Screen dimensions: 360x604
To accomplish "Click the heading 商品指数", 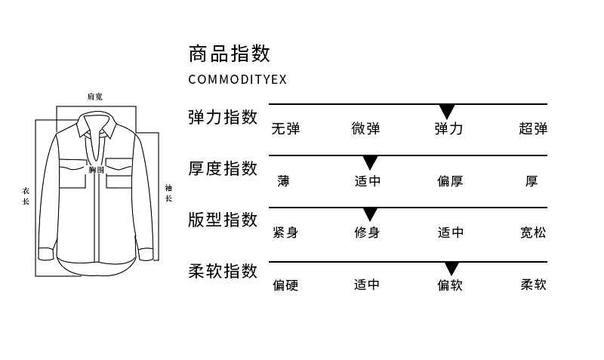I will pyautogui.click(x=229, y=54).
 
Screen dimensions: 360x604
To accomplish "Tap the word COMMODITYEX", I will pyautogui.click(x=237, y=79).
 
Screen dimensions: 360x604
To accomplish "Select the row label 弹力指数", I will pyautogui.click(x=223, y=117).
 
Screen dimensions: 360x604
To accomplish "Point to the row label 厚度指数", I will pyautogui.click(x=223, y=168).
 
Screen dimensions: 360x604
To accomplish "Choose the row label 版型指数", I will pyautogui.click(x=223, y=220).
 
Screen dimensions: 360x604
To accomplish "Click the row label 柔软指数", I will pyautogui.click(x=223, y=271).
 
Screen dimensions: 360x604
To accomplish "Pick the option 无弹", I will pyautogui.click(x=285, y=128).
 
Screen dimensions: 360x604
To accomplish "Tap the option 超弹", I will pyautogui.click(x=533, y=128).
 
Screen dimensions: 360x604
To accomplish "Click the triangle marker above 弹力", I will pyautogui.click(x=447, y=111).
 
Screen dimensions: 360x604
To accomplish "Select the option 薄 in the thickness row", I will pyautogui.click(x=283, y=181).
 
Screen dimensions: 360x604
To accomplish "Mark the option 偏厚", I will pyautogui.click(x=450, y=181).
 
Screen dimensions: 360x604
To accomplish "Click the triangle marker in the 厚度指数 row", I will pyautogui.click(x=370, y=162).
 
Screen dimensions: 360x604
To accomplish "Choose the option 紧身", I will pyautogui.click(x=285, y=232).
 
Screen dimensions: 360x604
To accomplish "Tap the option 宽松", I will pyautogui.click(x=533, y=232).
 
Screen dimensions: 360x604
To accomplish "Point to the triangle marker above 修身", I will pyautogui.click(x=370, y=214).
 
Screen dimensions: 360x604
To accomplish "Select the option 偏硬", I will pyautogui.click(x=285, y=285).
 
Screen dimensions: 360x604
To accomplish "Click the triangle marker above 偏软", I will pyautogui.click(x=451, y=269).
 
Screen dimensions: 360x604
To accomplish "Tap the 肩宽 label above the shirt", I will pyautogui.click(x=95, y=97).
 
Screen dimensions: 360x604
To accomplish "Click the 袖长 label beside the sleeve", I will pyautogui.click(x=168, y=193).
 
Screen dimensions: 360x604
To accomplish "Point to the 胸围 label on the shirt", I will pyautogui.click(x=96, y=171).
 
